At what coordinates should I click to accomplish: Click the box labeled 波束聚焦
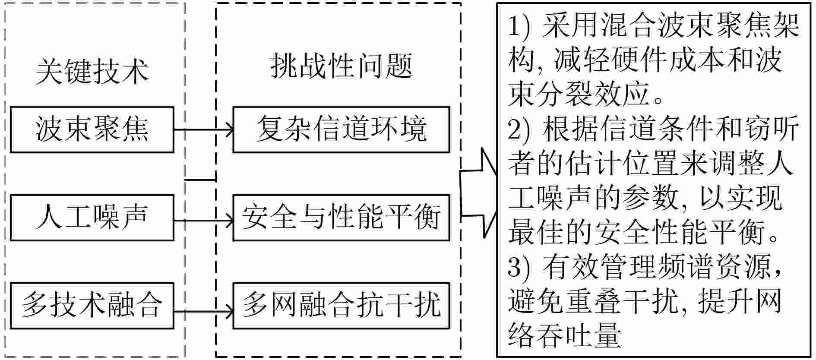(92, 130)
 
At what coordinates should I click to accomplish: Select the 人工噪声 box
(92, 218)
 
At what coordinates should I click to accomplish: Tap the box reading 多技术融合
(92, 306)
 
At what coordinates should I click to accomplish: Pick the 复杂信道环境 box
(341, 130)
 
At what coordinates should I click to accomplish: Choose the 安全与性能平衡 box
(341, 218)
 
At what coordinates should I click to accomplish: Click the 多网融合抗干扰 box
(341, 306)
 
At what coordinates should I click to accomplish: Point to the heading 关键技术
(92, 71)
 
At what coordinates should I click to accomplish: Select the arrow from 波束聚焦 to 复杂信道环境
(203, 129)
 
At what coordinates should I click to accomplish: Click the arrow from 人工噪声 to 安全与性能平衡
(203, 221)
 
